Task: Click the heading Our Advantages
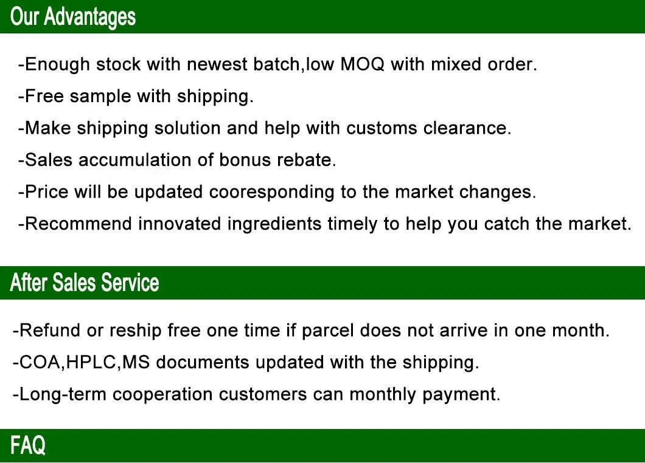(x=73, y=16)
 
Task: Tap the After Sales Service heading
(x=85, y=283)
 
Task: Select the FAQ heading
(x=28, y=445)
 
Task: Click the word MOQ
(x=363, y=64)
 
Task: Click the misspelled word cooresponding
(x=272, y=193)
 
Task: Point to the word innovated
(x=180, y=224)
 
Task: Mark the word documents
(x=203, y=363)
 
